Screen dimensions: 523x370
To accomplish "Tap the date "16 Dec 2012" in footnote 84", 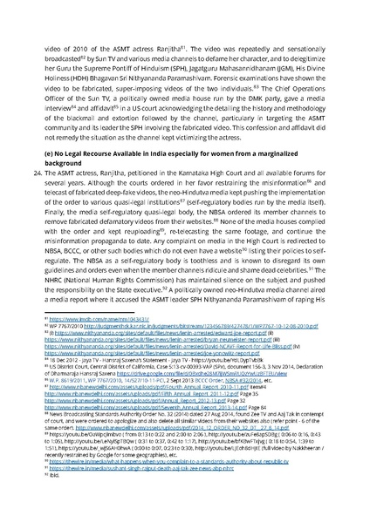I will [75, 391].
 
